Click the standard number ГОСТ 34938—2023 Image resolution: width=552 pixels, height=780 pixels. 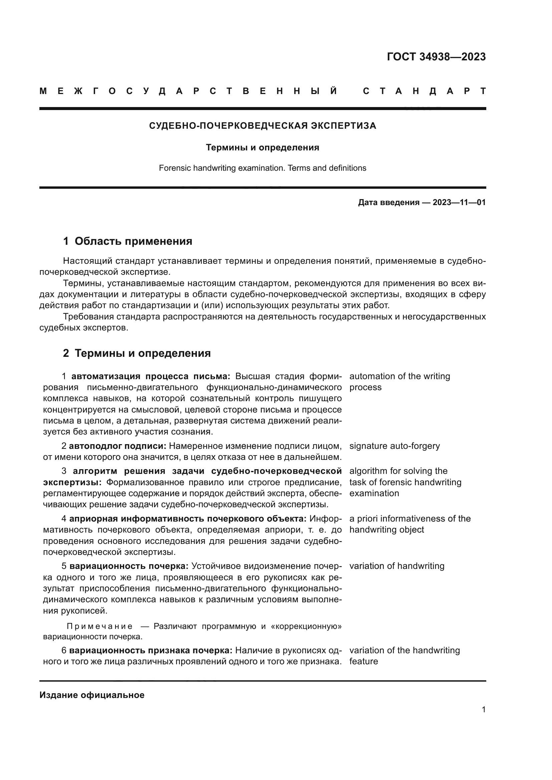[x=436, y=57]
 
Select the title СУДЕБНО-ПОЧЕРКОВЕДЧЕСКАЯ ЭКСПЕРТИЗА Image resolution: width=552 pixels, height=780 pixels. [x=262, y=126]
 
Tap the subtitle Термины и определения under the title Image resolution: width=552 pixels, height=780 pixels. [x=262, y=147]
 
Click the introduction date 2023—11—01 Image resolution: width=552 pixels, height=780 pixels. [x=459, y=202]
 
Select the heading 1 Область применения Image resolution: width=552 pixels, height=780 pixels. [x=127, y=241]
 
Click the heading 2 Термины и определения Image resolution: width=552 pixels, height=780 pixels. [x=136, y=353]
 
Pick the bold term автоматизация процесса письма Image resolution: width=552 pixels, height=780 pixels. [x=151, y=376]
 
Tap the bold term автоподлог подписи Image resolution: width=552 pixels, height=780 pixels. [x=117, y=446]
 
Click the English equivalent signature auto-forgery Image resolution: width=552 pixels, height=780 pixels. [x=394, y=446]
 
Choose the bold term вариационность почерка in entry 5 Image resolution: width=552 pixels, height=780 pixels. [x=129, y=566]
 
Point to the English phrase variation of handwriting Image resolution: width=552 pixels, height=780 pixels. [x=397, y=566]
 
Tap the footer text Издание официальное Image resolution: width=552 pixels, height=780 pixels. [x=92, y=695]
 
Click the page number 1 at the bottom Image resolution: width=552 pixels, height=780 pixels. [x=483, y=709]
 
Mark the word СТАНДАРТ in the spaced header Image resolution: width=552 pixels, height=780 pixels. [x=424, y=91]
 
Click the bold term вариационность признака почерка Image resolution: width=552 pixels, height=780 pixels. [x=151, y=650]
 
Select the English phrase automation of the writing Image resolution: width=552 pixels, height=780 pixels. [x=399, y=376]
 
